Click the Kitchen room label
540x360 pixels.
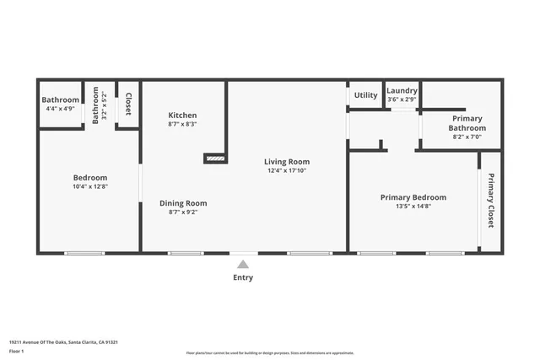click(x=182, y=116)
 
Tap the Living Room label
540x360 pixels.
click(x=287, y=162)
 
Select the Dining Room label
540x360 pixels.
click(x=183, y=203)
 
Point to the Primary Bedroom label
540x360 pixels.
click(x=413, y=197)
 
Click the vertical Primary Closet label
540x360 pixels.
click(x=490, y=201)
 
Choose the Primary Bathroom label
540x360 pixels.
click(x=467, y=123)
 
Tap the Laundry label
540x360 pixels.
click(x=402, y=90)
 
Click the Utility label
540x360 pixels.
click(x=365, y=95)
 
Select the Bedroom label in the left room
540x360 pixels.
click(x=89, y=178)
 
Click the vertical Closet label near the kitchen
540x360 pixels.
click(x=128, y=104)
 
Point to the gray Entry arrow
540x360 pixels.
click(x=242, y=264)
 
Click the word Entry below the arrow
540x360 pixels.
click(x=242, y=277)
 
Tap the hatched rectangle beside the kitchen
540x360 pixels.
click(x=216, y=157)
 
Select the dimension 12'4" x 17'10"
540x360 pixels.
click(x=287, y=171)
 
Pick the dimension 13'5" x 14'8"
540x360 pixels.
click(x=413, y=207)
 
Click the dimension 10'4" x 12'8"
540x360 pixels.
click(x=89, y=187)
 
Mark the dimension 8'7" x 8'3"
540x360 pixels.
click(x=182, y=125)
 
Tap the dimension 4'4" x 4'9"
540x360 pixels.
click(x=60, y=109)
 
